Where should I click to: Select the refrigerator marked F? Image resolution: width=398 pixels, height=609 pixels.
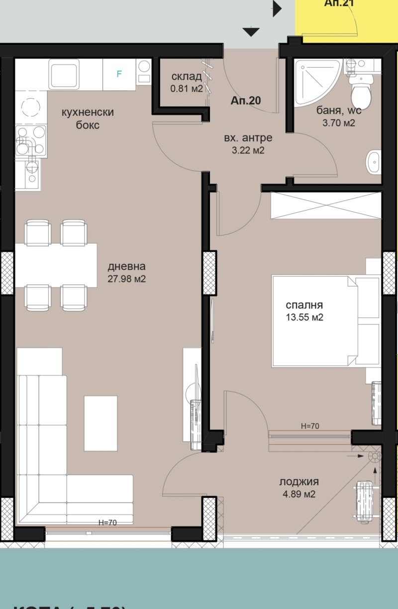(119, 75)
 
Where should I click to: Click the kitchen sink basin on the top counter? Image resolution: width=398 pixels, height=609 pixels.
(64, 74)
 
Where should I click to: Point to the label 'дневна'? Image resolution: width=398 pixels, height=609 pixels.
(126, 267)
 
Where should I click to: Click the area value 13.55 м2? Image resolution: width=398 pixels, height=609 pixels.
(304, 317)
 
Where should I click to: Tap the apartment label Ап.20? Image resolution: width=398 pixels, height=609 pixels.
(246, 100)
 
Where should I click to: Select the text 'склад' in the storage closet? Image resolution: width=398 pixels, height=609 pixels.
(187, 76)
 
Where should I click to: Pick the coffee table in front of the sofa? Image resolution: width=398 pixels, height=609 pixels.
(101, 422)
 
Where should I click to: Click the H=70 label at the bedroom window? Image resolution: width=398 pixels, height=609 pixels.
(310, 426)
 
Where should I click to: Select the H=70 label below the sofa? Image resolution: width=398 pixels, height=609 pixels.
(107, 522)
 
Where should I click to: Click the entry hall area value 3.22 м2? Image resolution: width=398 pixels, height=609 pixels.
(244, 150)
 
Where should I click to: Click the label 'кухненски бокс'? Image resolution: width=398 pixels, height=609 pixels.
(87, 119)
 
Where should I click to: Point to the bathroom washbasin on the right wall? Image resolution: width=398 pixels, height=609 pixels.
(374, 162)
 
